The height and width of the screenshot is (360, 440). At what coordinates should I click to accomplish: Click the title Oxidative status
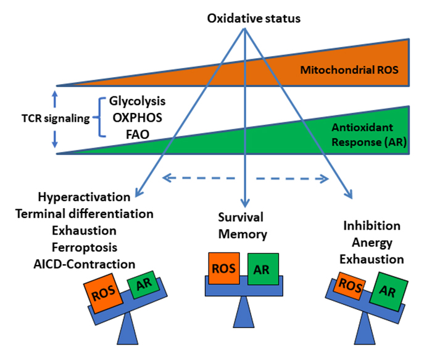pos(246,18)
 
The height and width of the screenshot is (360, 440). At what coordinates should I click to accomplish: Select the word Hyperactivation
pos(85,197)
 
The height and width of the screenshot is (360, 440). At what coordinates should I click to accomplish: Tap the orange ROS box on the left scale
pos(104,293)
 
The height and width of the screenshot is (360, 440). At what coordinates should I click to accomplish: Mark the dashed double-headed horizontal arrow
pos(245,178)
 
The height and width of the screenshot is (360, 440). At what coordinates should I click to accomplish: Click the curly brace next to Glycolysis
pos(101,117)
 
